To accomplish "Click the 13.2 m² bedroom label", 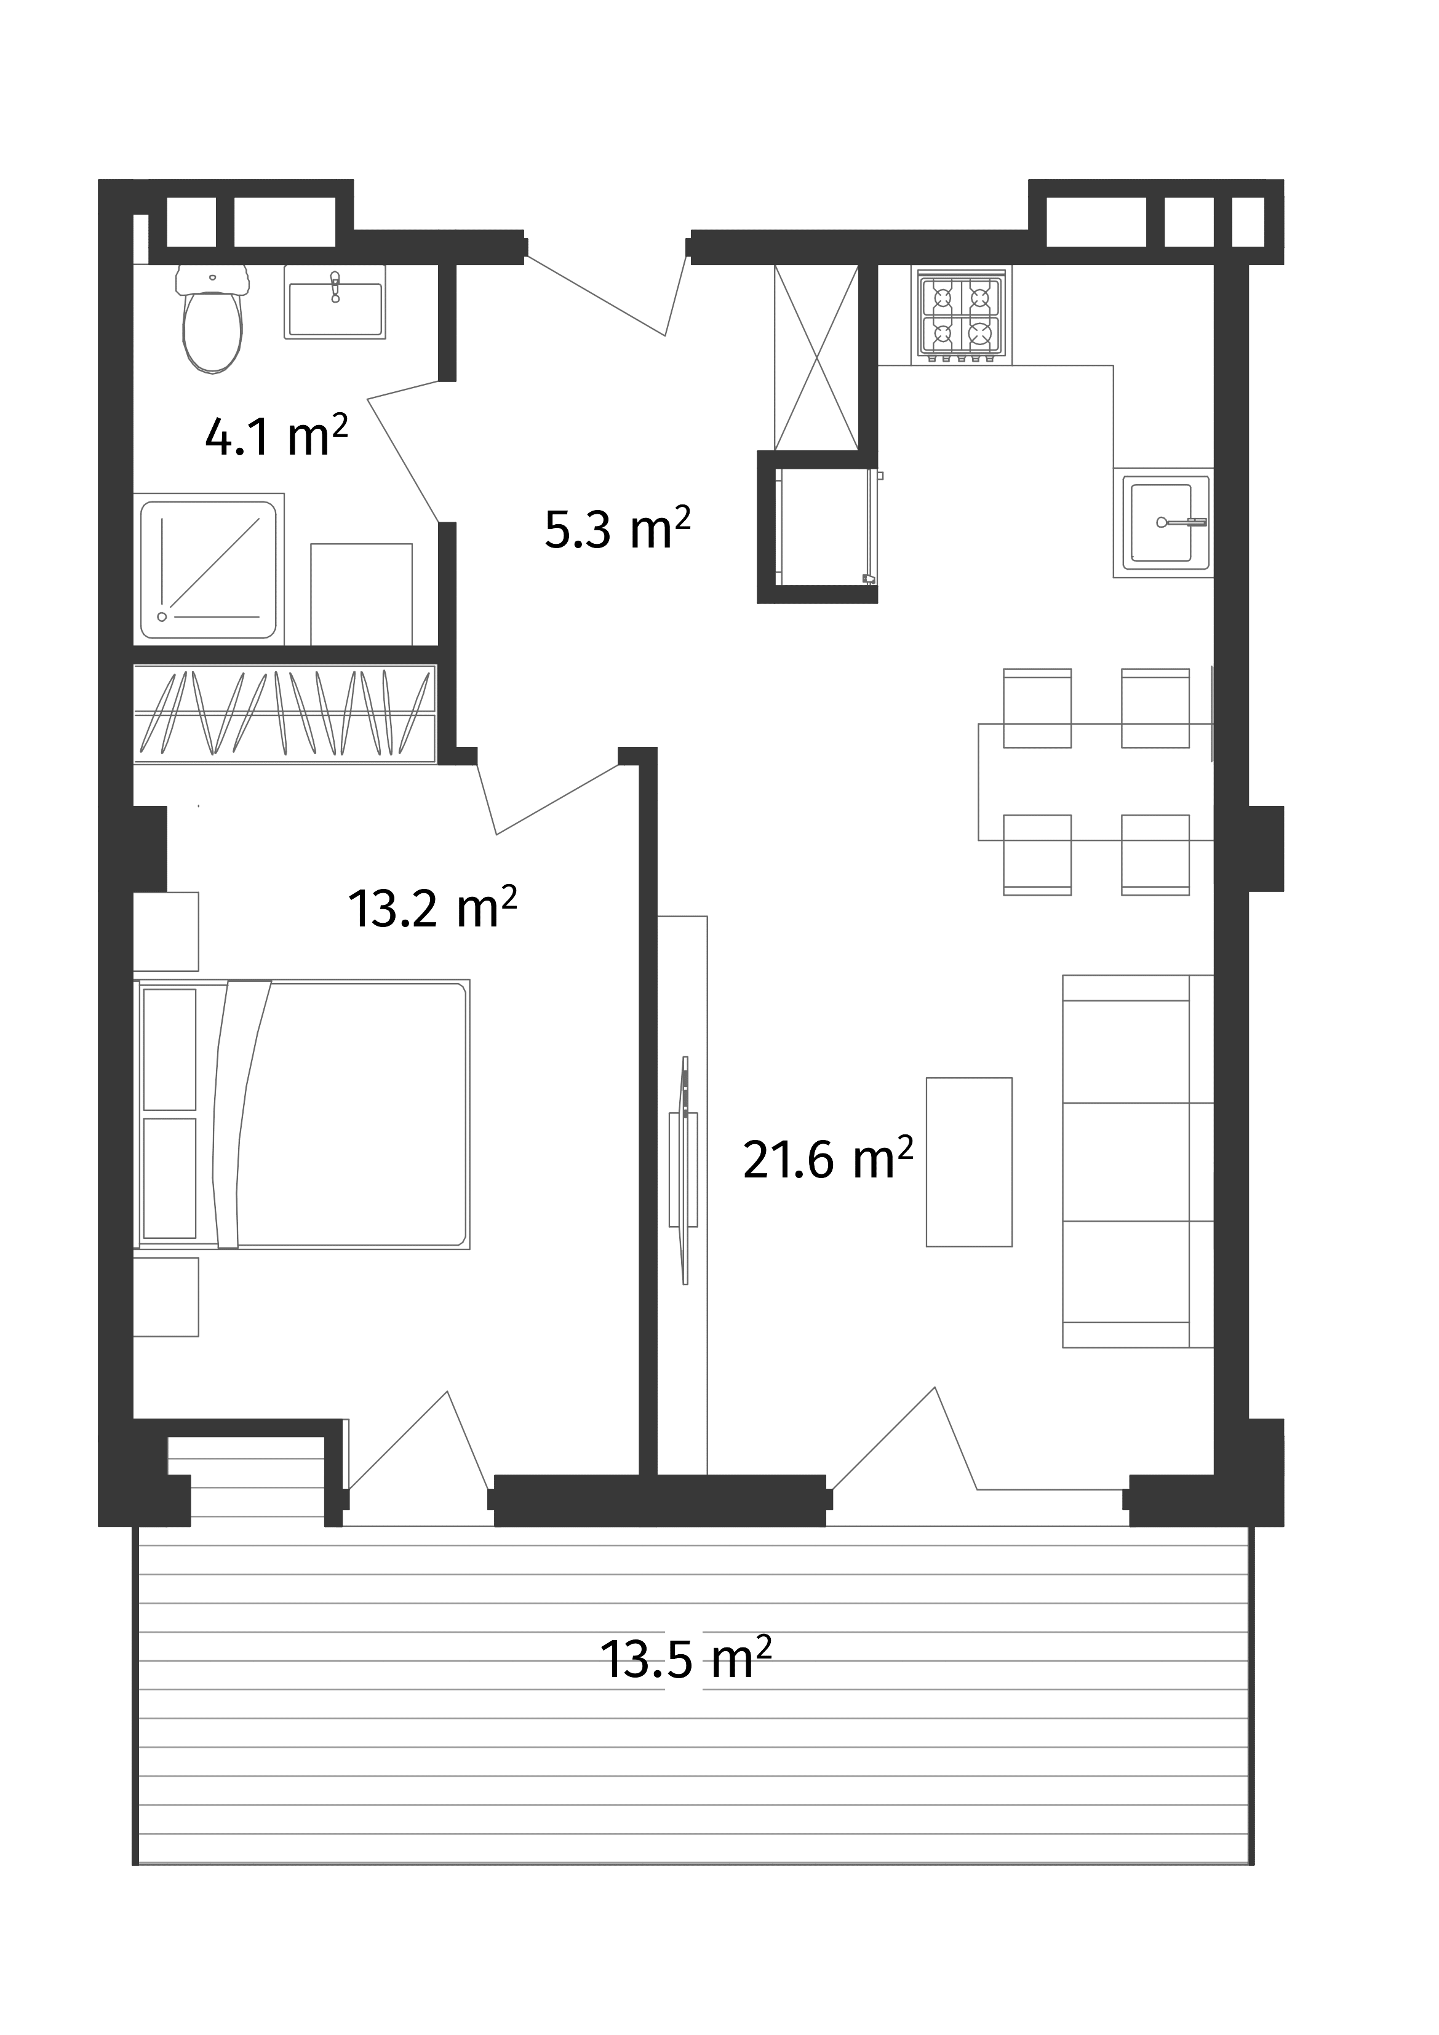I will point(432,907).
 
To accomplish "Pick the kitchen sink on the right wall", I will point(1168,523).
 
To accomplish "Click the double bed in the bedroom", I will point(301,1114).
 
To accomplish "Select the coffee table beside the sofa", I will point(968,1161).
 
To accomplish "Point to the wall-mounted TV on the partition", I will point(684,1169).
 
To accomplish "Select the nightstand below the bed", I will point(167,1297).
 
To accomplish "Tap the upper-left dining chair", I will point(1037,696).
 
